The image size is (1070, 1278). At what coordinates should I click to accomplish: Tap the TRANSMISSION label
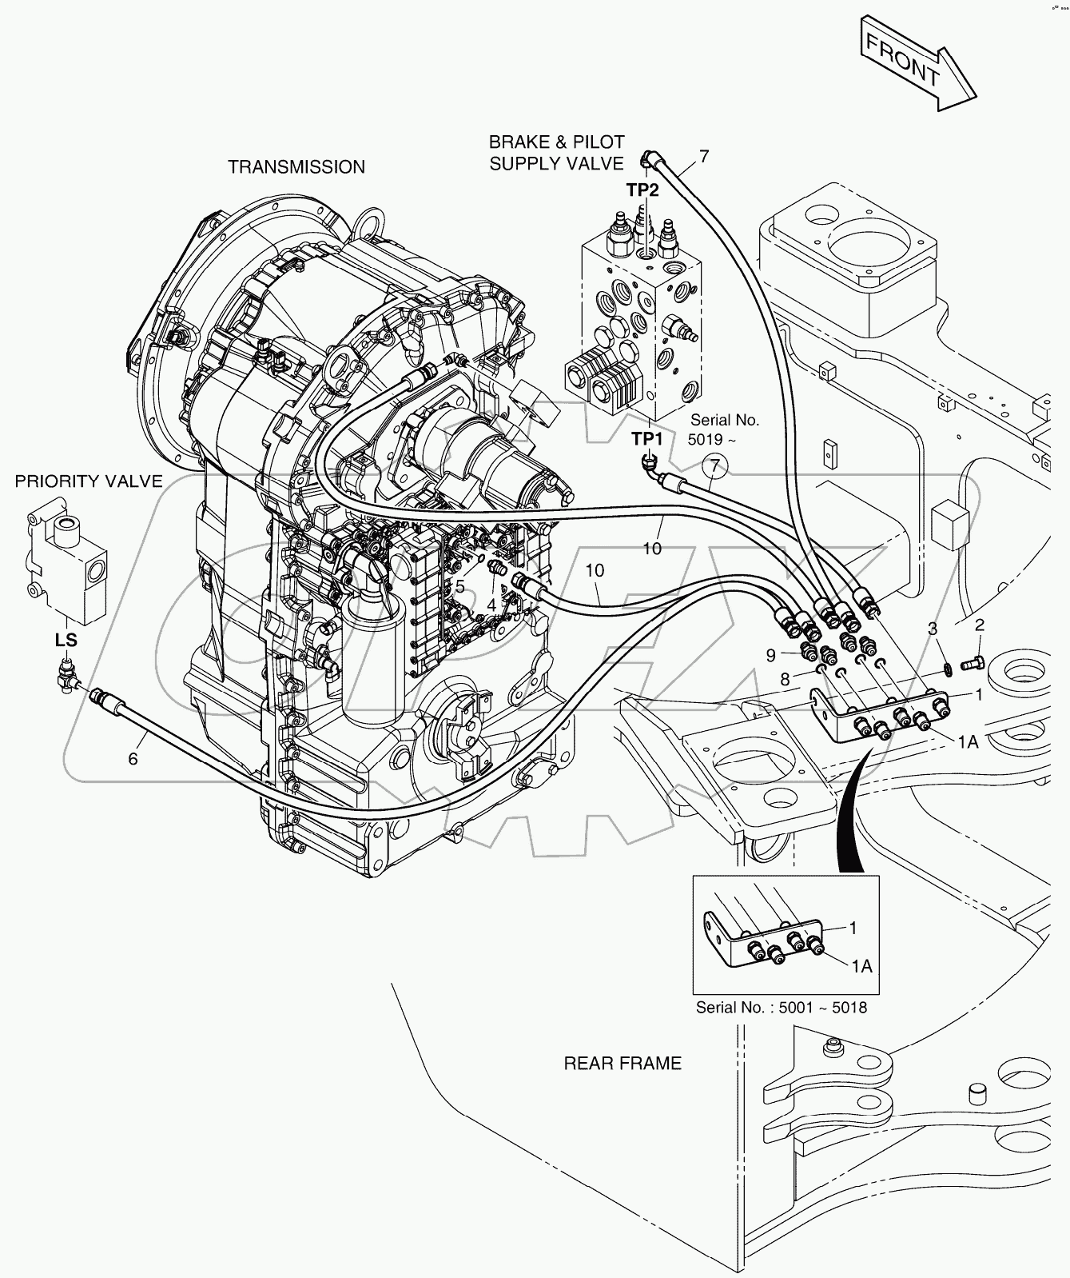[x=296, y=166]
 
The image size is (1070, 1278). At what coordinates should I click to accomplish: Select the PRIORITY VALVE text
[x=89, y=481]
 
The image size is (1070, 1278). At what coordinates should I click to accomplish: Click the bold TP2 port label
[x=642, y=190]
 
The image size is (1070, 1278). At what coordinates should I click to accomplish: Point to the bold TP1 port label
[x=647, y=438]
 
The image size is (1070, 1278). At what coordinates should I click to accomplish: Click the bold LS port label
[x=66, y=641]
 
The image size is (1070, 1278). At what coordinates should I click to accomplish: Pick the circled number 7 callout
[x=716, y=465]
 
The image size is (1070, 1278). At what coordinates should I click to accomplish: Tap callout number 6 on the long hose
[x=133, y=758]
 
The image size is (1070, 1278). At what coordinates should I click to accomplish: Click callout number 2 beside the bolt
[x=979, y=625]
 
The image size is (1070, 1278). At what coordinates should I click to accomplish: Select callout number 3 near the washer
[x=932, y=629]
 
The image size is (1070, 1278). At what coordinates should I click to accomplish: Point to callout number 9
[x=770, y=656]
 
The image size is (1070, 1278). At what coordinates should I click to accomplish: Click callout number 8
[x=785, y=680]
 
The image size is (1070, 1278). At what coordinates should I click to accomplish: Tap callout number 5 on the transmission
[x=459, y=587]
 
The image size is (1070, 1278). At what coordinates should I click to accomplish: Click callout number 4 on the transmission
[x=491, y=606]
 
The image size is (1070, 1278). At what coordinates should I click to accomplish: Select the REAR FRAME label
[x=623, y=1063]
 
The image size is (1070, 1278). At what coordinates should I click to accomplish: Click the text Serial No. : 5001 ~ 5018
[x=781, y=1007]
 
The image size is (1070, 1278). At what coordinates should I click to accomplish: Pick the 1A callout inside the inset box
[x=861, y=966]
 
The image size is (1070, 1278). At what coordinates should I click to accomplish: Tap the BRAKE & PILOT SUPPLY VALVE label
[x=556, y=153]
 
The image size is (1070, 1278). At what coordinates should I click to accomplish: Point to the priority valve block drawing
[x=66, y=564]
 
